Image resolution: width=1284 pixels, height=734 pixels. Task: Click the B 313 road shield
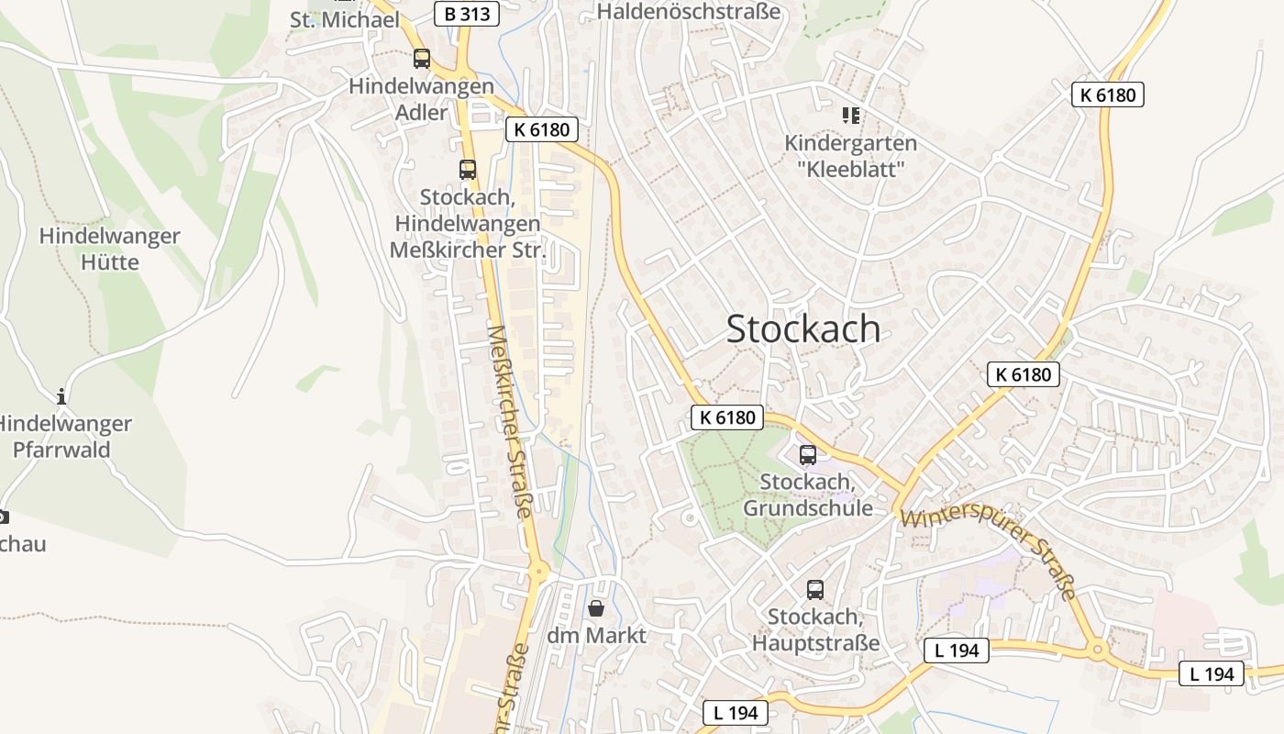click(466, 14)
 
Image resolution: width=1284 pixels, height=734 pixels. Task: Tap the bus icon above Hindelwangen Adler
click(422, 59)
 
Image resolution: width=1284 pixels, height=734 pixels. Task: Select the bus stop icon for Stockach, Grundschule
click(808, 454)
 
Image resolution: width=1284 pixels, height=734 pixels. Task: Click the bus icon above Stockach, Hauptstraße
click(815, 590)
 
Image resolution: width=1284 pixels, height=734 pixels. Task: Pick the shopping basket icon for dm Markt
click(596, 608)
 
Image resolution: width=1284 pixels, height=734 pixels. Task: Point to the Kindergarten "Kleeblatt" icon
click(850, 115)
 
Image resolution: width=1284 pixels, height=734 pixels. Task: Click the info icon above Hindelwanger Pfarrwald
click(61, 396)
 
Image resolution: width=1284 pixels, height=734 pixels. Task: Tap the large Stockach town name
click(803, 328)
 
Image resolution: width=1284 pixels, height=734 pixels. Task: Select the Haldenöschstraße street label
click(689, 12)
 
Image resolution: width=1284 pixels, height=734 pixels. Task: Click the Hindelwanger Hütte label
click(109, 249)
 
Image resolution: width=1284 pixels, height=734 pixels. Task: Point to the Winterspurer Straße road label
click(988, 554)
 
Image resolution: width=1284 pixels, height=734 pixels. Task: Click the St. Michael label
click(344, 19)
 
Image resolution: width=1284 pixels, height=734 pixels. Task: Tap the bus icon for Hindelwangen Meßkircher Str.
click(468, 170)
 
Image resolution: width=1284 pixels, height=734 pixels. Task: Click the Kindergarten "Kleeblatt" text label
click(850, 156)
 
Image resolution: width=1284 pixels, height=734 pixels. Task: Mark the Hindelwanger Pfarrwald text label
click(62, 437)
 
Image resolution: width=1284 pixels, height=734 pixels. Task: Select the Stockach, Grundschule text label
click(808, 495)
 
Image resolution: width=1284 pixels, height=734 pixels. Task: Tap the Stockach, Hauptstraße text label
click(815, 629)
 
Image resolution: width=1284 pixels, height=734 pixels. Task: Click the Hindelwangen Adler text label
click(421, 99)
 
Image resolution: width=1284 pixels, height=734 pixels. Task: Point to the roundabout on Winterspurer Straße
click(1097, 650)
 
